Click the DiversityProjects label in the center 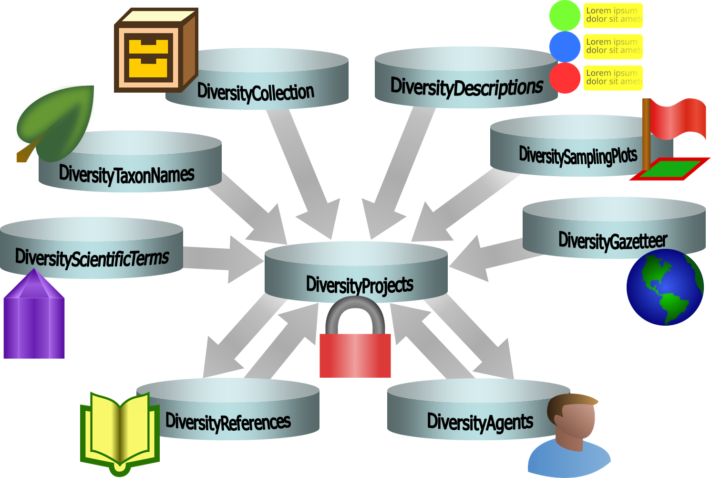[x=360, y=285]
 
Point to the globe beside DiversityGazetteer [x=665, y=287]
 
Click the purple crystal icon [x=34, y=318]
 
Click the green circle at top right [x=565, y=16]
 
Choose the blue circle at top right [x=565, y=47]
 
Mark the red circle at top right [x=565, y=78]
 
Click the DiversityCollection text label [x=256, y=92]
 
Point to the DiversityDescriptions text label [x=466, y=87]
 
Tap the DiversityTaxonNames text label [x=126, y=174]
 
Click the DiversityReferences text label [x=228, y=422]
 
